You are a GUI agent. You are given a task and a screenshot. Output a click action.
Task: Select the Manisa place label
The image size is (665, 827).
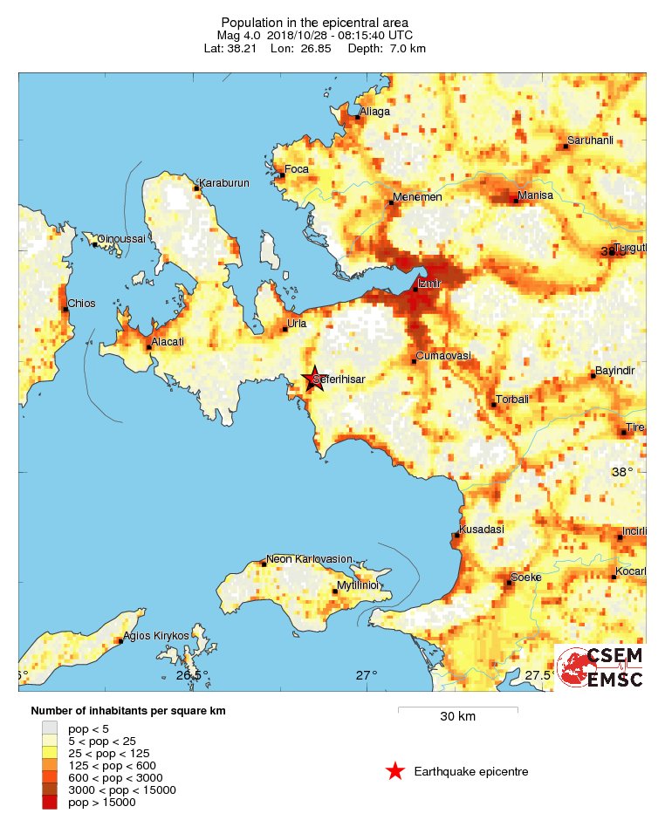tap(535, 195)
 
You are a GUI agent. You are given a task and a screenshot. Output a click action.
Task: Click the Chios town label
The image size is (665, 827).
tap(81, 304)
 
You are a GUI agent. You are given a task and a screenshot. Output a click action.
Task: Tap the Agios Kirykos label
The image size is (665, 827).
tap(155, 636)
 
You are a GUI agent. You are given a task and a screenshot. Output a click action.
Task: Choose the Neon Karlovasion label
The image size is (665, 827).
tap(309, 559)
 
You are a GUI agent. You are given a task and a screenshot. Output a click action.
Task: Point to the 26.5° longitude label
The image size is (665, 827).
tap(191, 675)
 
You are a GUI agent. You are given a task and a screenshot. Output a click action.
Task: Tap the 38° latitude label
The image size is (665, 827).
tap(621, 472)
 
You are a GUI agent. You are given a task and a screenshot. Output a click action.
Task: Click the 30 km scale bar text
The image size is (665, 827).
tap(457, 717)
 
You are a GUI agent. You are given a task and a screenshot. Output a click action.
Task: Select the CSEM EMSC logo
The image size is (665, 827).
tap(600, 667)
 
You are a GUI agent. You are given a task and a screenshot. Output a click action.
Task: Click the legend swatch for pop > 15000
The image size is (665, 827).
tap(51, 802)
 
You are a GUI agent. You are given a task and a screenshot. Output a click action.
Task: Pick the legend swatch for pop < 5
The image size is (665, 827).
tap(51, 728)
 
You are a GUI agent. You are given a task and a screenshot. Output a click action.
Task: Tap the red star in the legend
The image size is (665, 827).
tap(395, 771)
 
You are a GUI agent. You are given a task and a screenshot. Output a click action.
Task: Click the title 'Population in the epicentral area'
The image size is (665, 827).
tap(315, 22)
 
